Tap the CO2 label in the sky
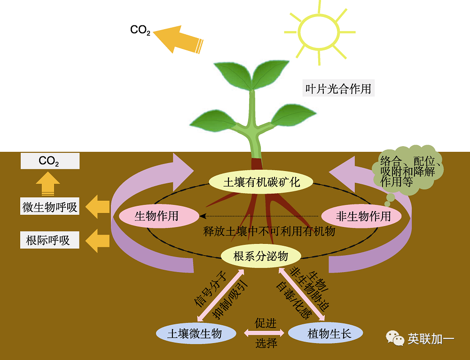pyautogui.click(x=140, y=30)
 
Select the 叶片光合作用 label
pyautogui.click(x=338, y=88)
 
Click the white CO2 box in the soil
pyautogui.click(x=50, y=161)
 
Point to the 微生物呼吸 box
pyautogui.click(x=50, y=207)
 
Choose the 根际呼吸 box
pyautogui.click(x=50, y=240)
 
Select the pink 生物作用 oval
pyautogui.click(x=157, y=216)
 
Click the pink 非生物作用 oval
pyautogui.click(x=363, y=216)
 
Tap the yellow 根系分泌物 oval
pyautogui.click(x=261, y=256)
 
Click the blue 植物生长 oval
pyautogui.click(x=326, y=333)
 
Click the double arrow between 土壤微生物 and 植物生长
pyautogui.click(x=264, y=333)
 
